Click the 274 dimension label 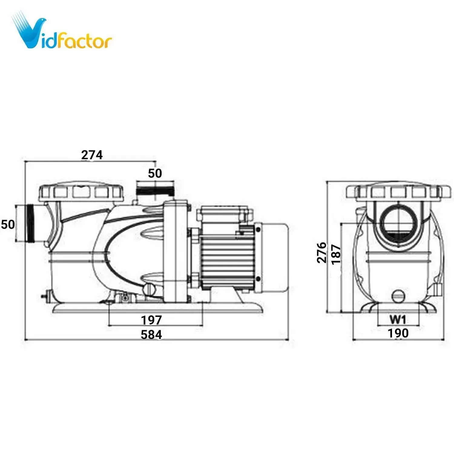coord(92,155)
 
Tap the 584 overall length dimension coord(151,335)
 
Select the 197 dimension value coord(151,320)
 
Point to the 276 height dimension coord(322,252)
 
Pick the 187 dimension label coord(336,255)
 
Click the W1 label coord(398,319)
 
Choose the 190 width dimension coord(398,333)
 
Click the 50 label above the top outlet coord(155,173)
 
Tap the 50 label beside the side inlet coord(8,224)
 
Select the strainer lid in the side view coord(81,192)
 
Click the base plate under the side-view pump coord(157,308)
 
